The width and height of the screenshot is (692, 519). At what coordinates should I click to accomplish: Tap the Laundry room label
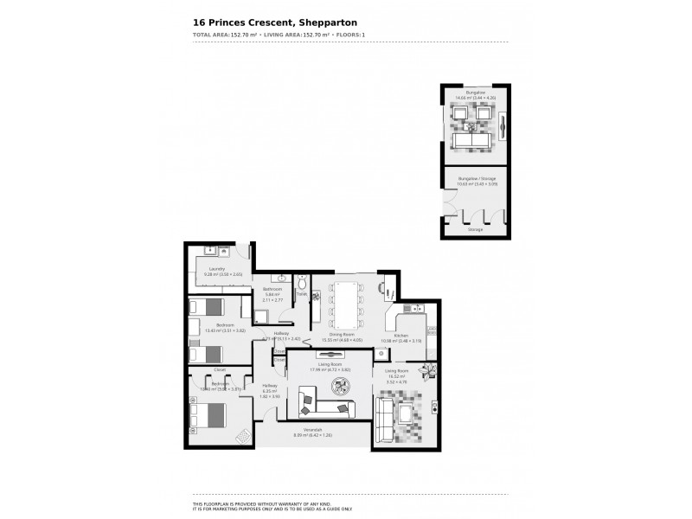tap(217, 269)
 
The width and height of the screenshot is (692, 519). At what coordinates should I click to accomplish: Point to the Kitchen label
tap(400, 336)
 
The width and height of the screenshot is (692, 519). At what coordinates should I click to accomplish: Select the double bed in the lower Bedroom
tap(211, 416)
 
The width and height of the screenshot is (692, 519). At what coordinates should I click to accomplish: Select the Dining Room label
tap(343, 335)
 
